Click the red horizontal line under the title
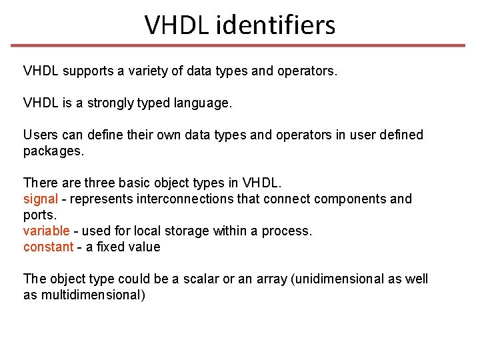click(239, 46)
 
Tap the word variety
click(149, 71)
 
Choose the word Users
click(41, 135)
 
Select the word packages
click(53, 151)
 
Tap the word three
click(101, 183)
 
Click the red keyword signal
click(41, 199)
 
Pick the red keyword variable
click(46, 231)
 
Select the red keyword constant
click(48, 247)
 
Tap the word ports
click(40, 215)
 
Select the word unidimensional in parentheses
click(338, 279)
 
